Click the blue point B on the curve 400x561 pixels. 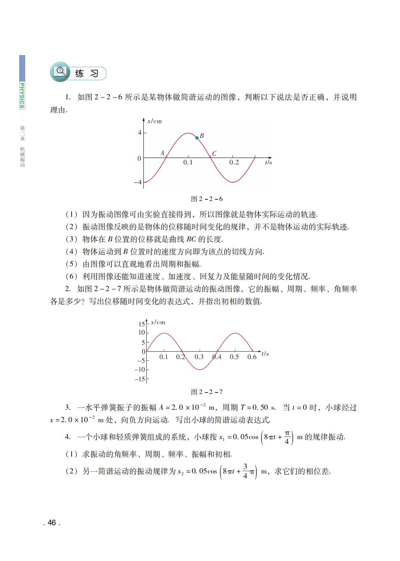[197, 138]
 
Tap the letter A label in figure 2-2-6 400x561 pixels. [162, 153]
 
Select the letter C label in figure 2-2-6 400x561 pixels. [214, 154]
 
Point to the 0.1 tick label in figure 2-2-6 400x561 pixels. [188, 162]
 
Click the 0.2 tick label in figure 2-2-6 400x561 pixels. [234, 162]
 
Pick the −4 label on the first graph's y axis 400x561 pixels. [138, 182]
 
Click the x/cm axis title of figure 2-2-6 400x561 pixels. [155, 121]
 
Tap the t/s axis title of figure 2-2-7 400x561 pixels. [265, 354]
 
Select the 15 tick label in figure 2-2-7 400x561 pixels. [141, 324]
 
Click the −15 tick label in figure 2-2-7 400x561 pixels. [140, 379]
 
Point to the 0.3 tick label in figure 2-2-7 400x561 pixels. [199, 357]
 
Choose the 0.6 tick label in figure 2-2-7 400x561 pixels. [252, 357]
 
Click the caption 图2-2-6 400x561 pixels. [207, 199]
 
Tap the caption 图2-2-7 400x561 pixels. [207, 392]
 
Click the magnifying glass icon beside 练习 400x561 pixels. [60, 71]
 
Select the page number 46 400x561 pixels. [52, 523]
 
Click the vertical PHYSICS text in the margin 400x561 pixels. [22, 95]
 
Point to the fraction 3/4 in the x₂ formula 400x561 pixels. [245, 471]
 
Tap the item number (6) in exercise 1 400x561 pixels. [72, 276]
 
